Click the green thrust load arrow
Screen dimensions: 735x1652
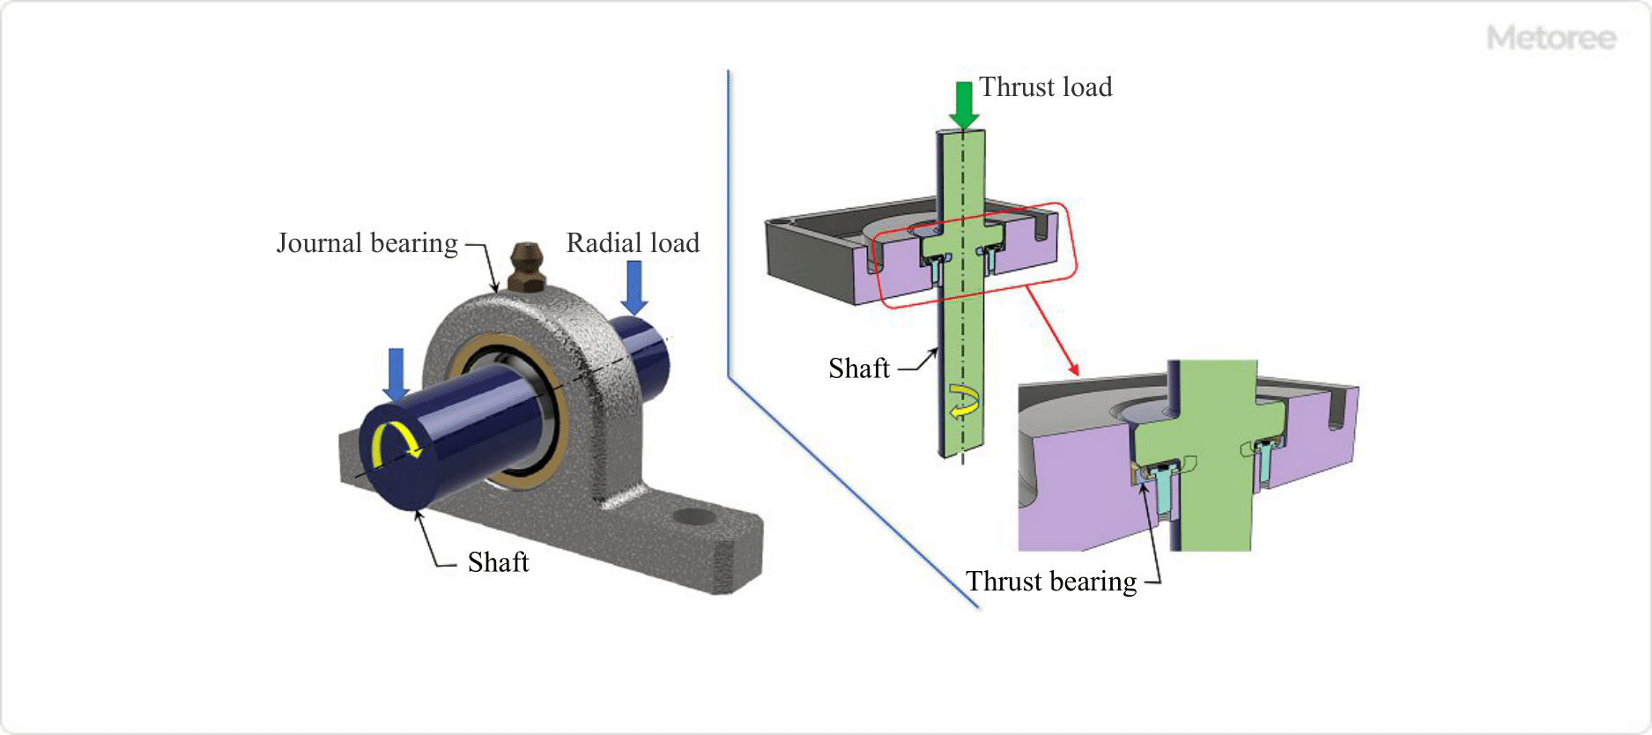click(x=964, y=104)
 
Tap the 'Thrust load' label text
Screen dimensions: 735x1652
click(x=1046, y=87)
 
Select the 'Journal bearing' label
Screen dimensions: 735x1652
click(x=367, y=243)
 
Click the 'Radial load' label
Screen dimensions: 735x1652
click(x=633, y=243)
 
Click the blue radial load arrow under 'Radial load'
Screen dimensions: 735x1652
click(x=633, y=287)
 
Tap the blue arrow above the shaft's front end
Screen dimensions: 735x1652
click(x=396, y=374)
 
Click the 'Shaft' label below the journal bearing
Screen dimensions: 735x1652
click(x=498, y=562)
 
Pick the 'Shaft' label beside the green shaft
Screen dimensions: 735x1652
click(x=859, y=368)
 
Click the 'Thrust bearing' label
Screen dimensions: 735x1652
click(x=1051, y=582)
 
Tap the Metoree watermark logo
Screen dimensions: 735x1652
click(x=1551, y=38)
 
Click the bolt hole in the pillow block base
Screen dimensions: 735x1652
click(x=693, y=516)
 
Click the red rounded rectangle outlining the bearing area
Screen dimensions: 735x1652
click(x=1071, y=256)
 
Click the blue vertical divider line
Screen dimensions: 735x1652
click(x=729, y=220)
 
